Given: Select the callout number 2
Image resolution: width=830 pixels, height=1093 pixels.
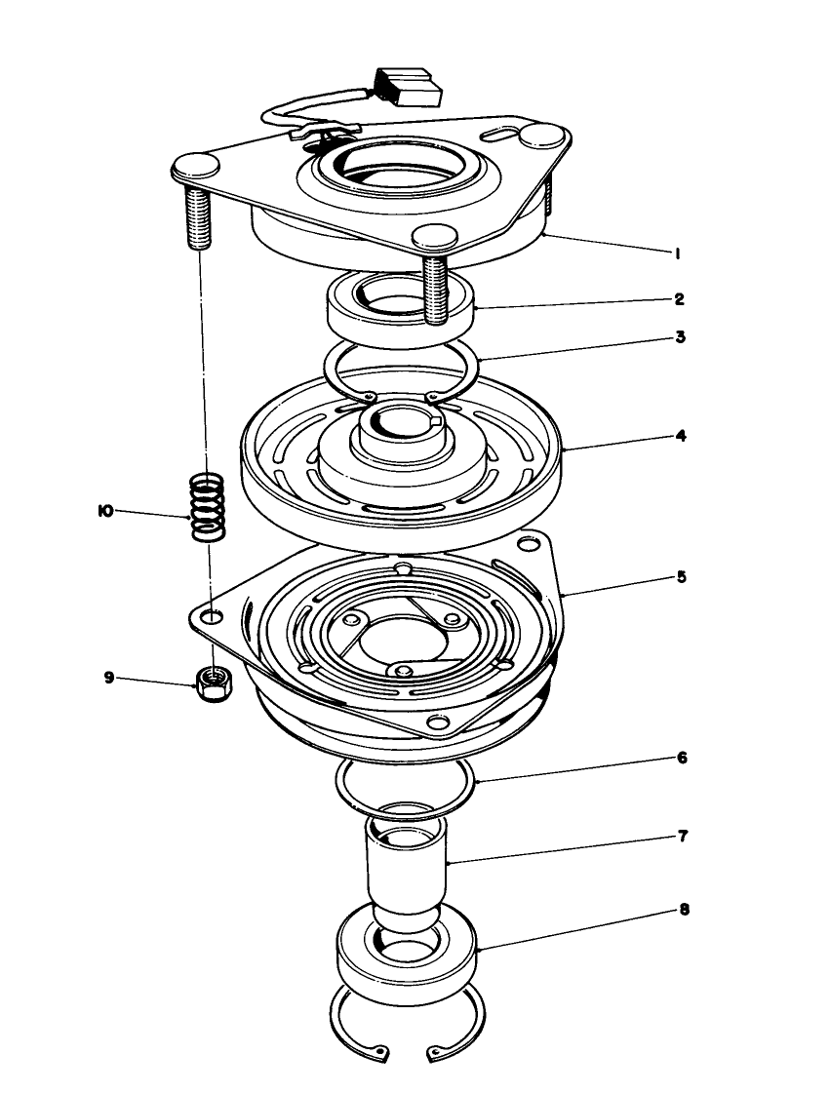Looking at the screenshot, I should click(679, 298).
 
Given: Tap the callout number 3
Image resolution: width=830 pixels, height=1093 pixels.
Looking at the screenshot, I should click(680, 337).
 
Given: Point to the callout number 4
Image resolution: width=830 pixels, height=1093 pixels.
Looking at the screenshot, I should click(681, 436).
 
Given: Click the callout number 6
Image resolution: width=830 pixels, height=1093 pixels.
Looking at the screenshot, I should click(682, 757).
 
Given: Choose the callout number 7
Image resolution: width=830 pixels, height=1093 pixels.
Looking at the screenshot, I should click(683, 836).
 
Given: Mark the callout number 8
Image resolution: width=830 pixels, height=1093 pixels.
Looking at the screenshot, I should click(683, 909).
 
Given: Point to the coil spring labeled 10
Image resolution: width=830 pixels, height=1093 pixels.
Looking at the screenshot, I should click(207, 505).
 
